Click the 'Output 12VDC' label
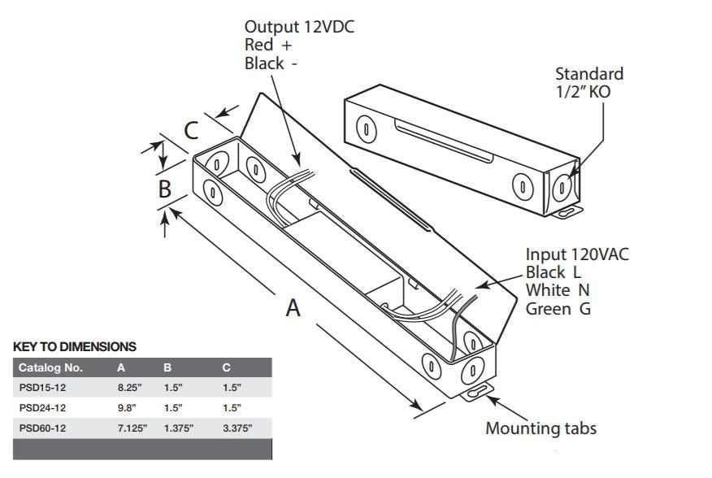pyautogui.click(x=299, y=27)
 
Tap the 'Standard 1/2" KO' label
pyautogui.click(x=589, y=82)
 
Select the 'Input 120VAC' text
pyautogui.click(x=577, y=254)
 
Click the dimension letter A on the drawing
pyautogui.click(x=293, y=307)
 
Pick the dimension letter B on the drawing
pyautogui.click(x=164, y=189)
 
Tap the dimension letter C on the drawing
pyautogui.click(x=190, y=130)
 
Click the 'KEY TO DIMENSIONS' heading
pyautogui.click(x=75, y=346)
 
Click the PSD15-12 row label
pyautogui.click(x=42, y=388)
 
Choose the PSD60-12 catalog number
pyautogui.click(x=42, y=428)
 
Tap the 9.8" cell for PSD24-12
pyautogui.click(x=127, y=408)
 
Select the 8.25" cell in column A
pyautogui.click(x=130, y=388)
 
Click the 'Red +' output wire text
pyautogui.click(x=267, y=46)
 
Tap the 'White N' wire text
pyautogui.click(x=558, y=290)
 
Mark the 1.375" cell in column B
pyautogui.click(x=178, y=428)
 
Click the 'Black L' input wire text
pyautogui.click(x=554, y=272)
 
